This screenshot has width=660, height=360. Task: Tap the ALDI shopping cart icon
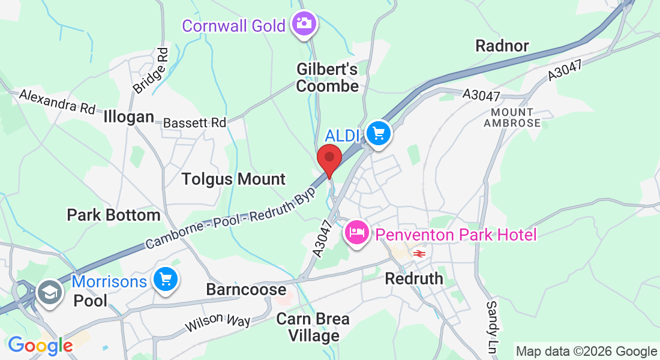(x=379, y=133)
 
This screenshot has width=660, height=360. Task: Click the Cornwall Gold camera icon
(x=304, y=24)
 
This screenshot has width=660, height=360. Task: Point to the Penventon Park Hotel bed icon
(x=356, y=233)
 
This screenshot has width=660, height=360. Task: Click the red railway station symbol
(x=419, y=254)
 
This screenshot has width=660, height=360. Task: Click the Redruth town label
(x=414, y=278)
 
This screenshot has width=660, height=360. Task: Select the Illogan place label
(x=129, y=116)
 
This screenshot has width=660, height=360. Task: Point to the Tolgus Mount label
(x=233, y=179)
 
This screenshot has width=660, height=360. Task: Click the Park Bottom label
(x=113, y=215)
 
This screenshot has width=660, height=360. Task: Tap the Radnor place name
(x=502, y=46)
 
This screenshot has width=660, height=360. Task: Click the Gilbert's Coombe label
(x=328, y=78)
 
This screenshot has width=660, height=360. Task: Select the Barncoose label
(x=246, y=289)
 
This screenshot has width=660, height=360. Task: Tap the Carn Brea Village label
(x=314, y=327)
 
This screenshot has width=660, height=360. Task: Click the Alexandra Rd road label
(x=58, y=101)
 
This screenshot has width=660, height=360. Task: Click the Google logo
(x=40, y=346)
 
